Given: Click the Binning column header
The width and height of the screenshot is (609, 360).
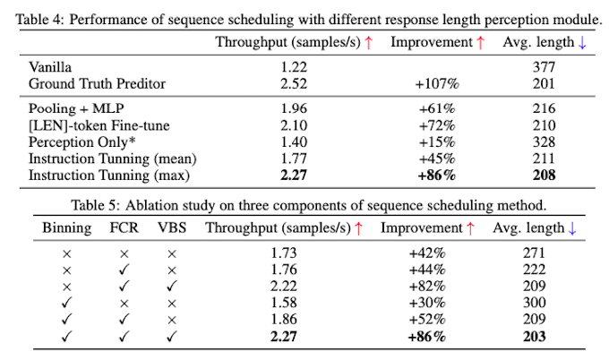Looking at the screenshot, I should pyautogui.click(x=66, y=227).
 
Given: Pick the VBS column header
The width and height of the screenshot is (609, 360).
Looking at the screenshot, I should pyautogui.click(x=172, y=227).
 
